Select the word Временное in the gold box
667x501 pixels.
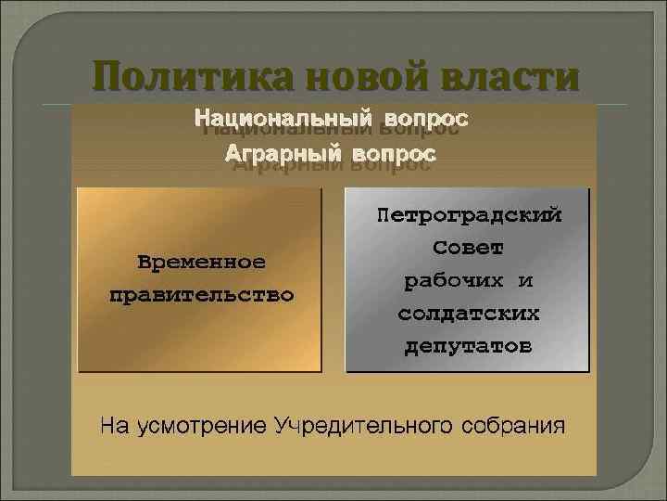pos(201,262)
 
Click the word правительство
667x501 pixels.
pos(201,296)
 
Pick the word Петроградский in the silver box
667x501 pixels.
pos(469,215)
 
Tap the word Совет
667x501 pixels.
pos(468,249)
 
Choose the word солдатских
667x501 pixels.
pos(468,314)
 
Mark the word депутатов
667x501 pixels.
pos(468,347)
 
